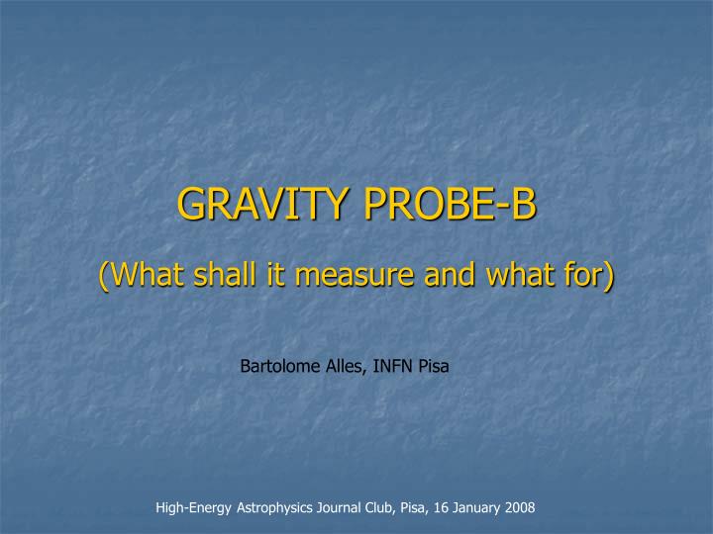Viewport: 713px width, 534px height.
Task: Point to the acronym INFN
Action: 395,367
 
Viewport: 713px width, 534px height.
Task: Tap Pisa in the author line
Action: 435,367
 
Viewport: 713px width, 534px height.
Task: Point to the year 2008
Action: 521,507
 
